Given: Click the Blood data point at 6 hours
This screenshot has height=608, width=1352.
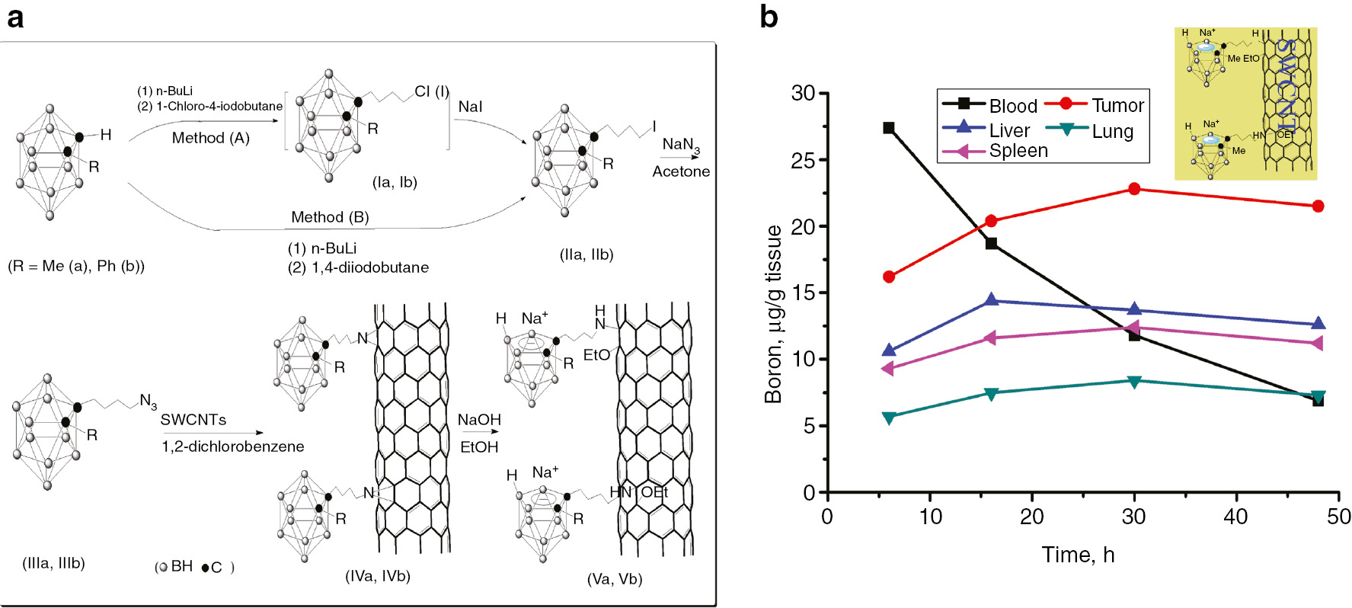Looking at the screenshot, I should coord(888,128).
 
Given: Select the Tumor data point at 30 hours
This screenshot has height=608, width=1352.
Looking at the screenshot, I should coord(1134,189).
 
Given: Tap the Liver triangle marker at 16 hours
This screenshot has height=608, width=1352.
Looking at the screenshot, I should coord(991,300).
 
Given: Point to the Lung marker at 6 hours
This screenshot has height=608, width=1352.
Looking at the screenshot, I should coord(888,418).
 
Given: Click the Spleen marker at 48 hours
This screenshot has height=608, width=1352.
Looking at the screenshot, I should coord(1317,344).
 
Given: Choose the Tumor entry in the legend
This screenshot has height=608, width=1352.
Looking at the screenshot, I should coord(1117,105).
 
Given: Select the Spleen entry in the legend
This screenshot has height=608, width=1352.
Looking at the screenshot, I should coord(1018,151).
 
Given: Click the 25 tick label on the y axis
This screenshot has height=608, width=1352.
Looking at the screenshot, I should coord(803,160).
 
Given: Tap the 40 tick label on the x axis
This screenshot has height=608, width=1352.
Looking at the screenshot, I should coord(1235,517).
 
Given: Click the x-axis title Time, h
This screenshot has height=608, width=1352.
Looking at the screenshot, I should coord(1077,555).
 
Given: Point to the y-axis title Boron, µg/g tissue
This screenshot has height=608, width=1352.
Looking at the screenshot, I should coord(774,314).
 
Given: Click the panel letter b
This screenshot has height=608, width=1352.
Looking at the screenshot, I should coord(769,17).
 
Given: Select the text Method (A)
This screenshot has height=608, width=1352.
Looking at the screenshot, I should coord(210,138).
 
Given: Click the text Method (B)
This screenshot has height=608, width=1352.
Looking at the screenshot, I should coord(330,217).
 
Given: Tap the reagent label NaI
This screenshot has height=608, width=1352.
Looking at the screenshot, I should coord(470,107).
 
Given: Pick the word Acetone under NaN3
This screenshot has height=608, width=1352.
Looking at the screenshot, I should coord(680,171).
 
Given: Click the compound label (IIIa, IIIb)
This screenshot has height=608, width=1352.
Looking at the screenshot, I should coord(53,563).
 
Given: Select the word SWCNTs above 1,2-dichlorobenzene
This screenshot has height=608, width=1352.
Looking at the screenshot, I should coord(193,420).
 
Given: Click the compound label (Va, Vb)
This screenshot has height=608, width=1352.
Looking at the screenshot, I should coord(614,579).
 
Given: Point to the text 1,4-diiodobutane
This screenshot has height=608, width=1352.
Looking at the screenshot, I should coord(369,267).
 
